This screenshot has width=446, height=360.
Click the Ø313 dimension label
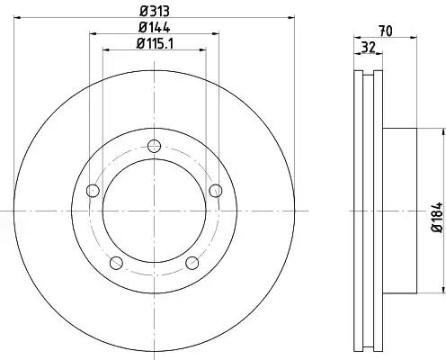[155, 12]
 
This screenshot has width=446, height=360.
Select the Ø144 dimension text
[155, 27]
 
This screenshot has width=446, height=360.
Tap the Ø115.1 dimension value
[155, 44]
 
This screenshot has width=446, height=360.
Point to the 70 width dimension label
[386, 31]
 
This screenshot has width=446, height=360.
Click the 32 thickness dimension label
[369, 48]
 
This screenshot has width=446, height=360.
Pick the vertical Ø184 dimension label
[437, 217]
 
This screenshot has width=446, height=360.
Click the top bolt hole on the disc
[154, 146]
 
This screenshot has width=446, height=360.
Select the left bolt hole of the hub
[93, 191]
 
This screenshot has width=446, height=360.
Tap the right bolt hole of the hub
[216, 191]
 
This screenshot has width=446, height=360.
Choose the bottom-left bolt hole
[116, 263]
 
